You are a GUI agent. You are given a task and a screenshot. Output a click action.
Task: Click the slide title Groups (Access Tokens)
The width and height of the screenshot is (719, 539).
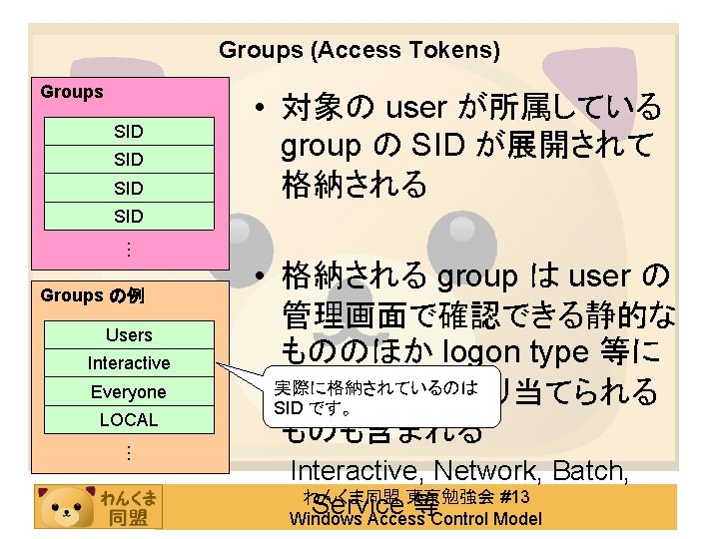tap(359, 49)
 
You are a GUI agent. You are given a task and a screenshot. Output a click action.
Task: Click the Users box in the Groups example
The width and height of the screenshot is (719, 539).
tap(129, 335)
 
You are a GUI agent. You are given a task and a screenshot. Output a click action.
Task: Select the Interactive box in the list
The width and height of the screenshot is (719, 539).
tap(129, 363)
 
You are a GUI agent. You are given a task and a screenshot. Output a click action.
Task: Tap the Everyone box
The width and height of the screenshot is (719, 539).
tap(129, 392)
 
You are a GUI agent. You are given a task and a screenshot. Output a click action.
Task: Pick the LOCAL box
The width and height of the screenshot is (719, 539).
tap(129, 420)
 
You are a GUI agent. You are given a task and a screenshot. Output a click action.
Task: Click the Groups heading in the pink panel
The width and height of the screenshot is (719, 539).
tap(72, 92)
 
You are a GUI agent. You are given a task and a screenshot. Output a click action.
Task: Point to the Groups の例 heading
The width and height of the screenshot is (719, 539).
tap(87, 295)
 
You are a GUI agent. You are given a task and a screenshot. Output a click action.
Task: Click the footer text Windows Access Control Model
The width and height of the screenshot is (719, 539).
tap(414, 519)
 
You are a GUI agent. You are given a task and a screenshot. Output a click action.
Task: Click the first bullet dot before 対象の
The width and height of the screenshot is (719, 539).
tap(258, 106)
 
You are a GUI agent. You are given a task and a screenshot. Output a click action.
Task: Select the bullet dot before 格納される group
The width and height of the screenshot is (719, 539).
tap(258, 275)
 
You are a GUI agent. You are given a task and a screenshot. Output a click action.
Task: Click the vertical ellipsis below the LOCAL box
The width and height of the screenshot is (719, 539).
tap(129, 451)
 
